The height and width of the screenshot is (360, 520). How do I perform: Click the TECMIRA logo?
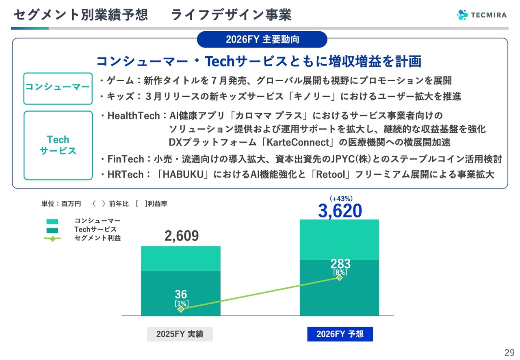pyautogui.click(x=482, y=15)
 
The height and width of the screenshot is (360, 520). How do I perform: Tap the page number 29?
pyautogui.click(x=509, y=353)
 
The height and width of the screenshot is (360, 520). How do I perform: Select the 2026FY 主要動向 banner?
pyautogui.click(x=262, y=39)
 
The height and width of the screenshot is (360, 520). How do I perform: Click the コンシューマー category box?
pyautogui.click(x=58, y=89)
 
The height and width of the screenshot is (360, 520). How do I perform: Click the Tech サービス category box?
pyautogui.click(x=58, y=145)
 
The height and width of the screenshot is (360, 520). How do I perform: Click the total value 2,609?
pyautogui.click(x=182, y=236)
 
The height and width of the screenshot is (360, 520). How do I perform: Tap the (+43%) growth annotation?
pyautogui.click(x=341, y=199)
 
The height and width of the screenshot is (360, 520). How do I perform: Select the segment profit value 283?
pyautogui.click(x=340, y=264)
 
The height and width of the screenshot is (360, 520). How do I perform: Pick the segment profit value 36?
pyautogui.click(x=181, y=294)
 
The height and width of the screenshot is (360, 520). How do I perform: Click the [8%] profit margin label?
pyautogui.click(x=340, y=272)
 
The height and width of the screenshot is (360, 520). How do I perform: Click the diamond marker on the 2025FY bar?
pyautogui.click(x=181, y=309)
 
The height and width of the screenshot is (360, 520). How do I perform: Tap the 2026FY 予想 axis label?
pyautogui.click(x=340, y=334)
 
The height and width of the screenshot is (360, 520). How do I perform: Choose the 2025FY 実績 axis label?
pyautogui.click(x=180, y=334)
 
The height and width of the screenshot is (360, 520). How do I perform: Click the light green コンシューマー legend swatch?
pyautogui.click(x=52, y=221)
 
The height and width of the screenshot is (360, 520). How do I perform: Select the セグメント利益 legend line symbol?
pyautogui.click(x=52, y=239)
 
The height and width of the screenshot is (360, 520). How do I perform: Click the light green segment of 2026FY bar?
pyautogui.click(x=339, y=240)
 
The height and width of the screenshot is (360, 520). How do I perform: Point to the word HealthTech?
pyautogui.click(x=134, y=116)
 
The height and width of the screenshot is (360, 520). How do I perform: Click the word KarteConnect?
pyautogui.click(x=298, y=142)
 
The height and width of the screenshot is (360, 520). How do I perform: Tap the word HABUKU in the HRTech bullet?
pyautogui.click(x=183, y=174)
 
